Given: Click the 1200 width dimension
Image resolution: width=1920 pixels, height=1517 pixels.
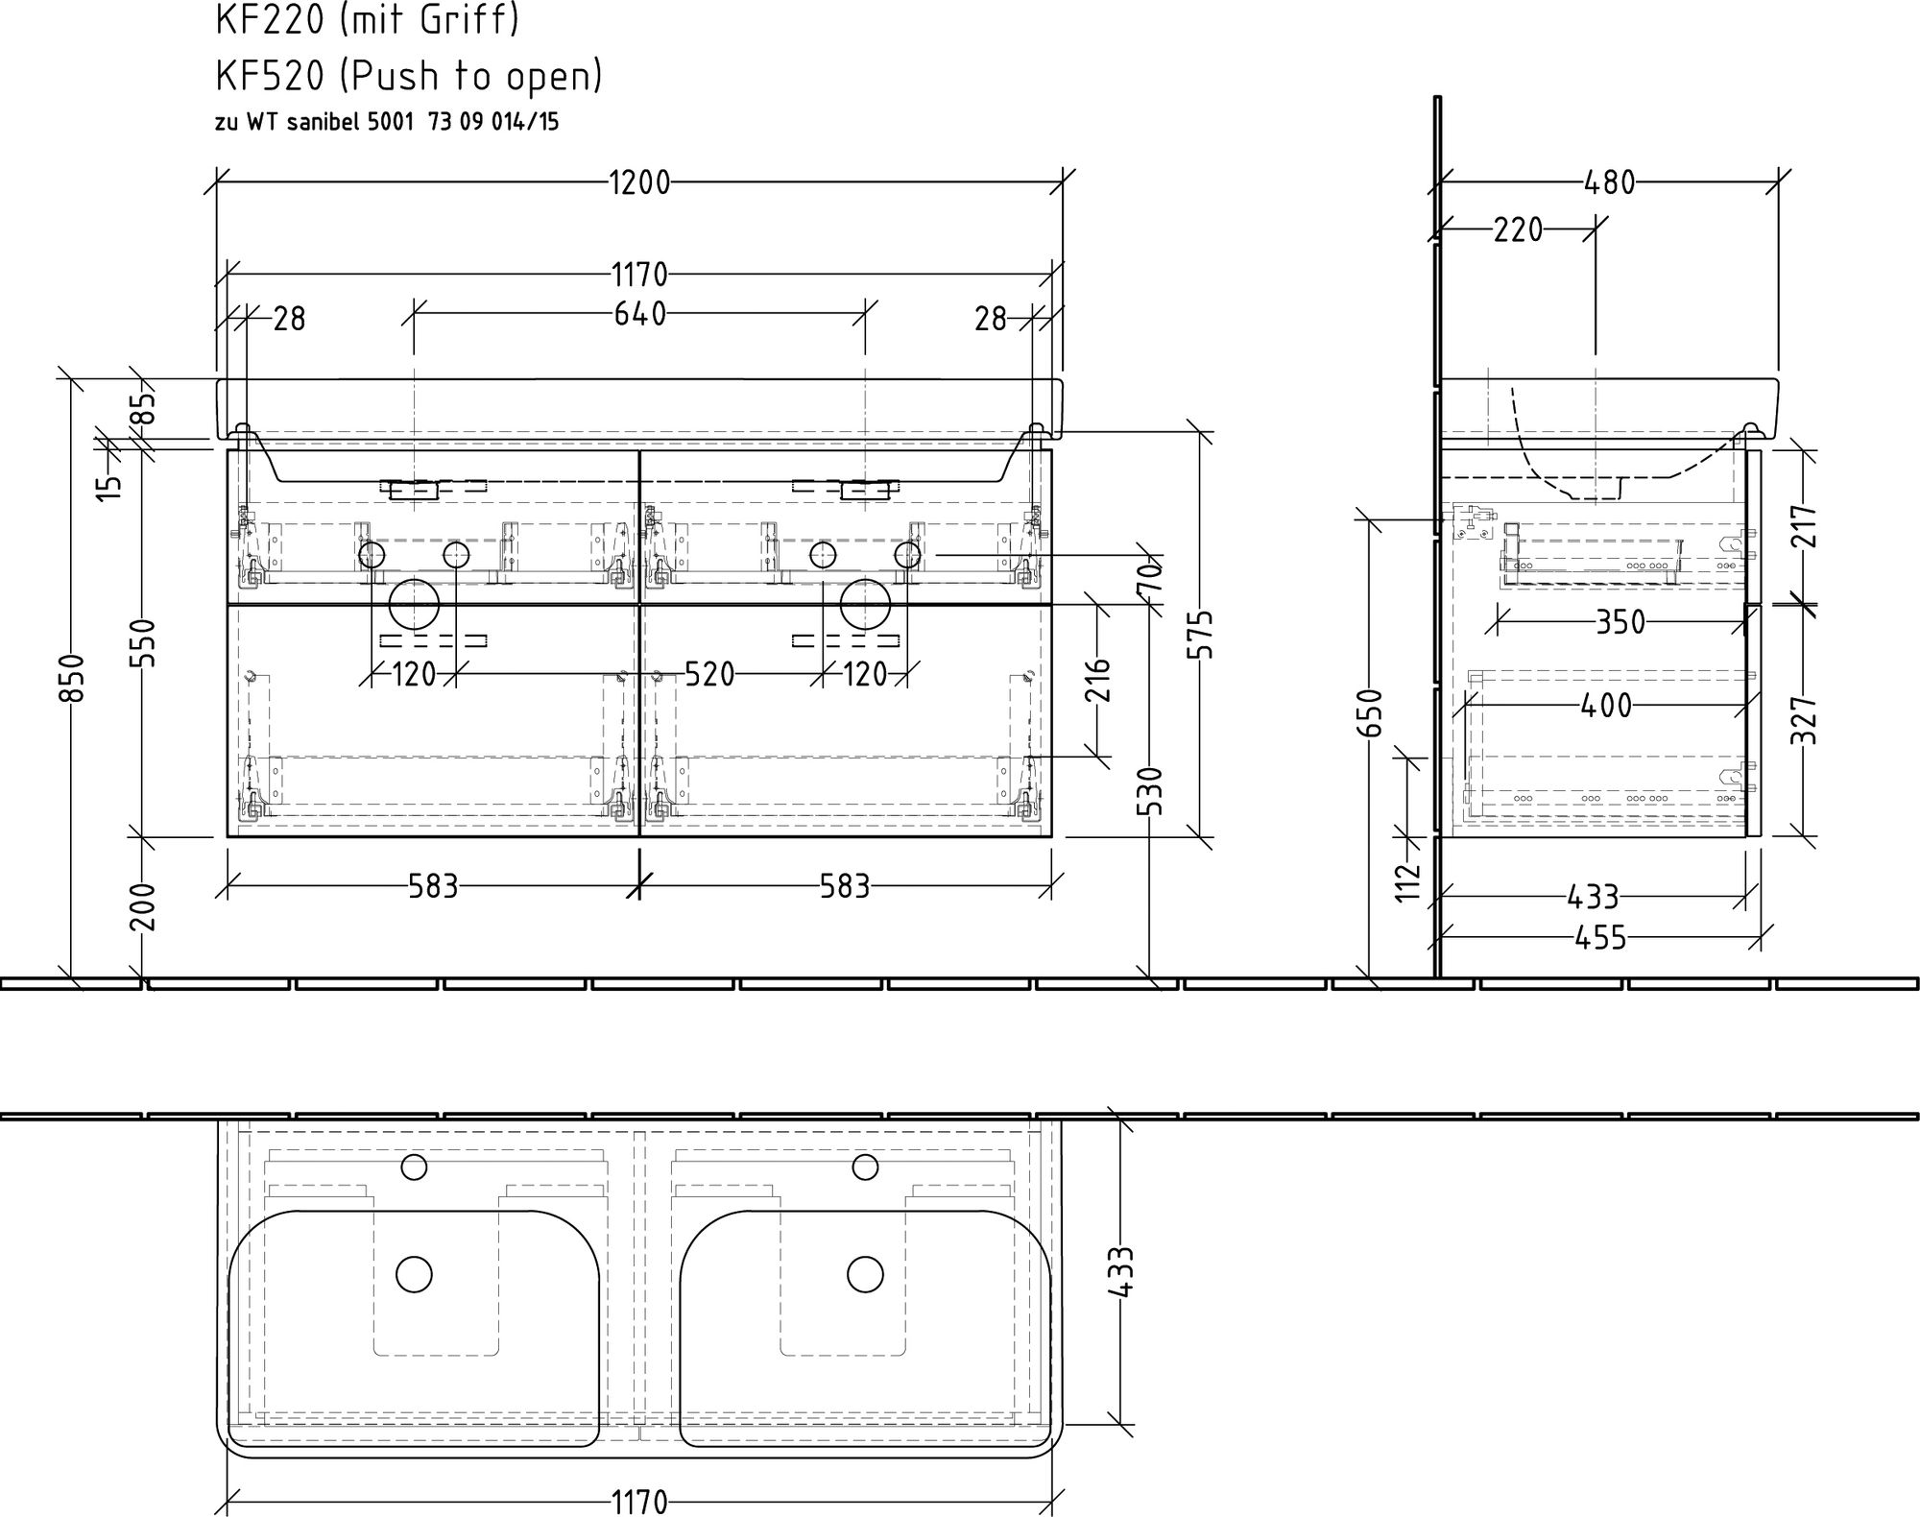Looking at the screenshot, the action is (x=639, y=182).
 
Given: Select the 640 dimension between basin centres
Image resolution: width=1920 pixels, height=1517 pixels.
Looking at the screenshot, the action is (x=640, y=314).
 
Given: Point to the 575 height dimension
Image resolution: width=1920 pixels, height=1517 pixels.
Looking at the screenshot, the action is (x=1201, y=634).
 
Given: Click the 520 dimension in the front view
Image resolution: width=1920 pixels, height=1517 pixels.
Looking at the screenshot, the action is (x=709, y=674).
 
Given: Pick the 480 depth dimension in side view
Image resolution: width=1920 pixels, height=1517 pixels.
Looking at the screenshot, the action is (x=1609, y=182).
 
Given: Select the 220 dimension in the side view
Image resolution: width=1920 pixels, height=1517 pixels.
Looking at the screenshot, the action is (x=1518, y=230).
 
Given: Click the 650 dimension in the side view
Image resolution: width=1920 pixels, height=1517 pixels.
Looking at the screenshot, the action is (x=1374, y=712).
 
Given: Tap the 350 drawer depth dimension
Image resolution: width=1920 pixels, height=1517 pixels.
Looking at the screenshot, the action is (x=1620, y=622).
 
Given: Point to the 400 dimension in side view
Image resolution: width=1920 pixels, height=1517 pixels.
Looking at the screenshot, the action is (x=1605, y=706).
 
